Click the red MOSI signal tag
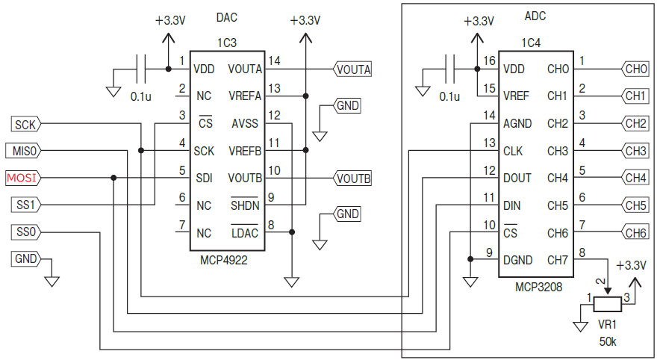point(23,178)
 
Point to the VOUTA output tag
point(353,69)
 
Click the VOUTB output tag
point(353,179)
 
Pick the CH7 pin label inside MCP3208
point(558,260)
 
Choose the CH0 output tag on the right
point(635,69)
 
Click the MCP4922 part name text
point(223,261)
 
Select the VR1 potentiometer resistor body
point(608,304)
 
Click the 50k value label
point(608,341)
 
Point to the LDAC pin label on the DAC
point(245,233)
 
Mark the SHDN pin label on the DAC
point(244,205)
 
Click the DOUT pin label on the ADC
point(517,178)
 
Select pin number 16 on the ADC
point(489,60)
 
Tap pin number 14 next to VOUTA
point(274,60)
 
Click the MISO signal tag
point(24,151)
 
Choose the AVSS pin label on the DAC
point(244,123)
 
